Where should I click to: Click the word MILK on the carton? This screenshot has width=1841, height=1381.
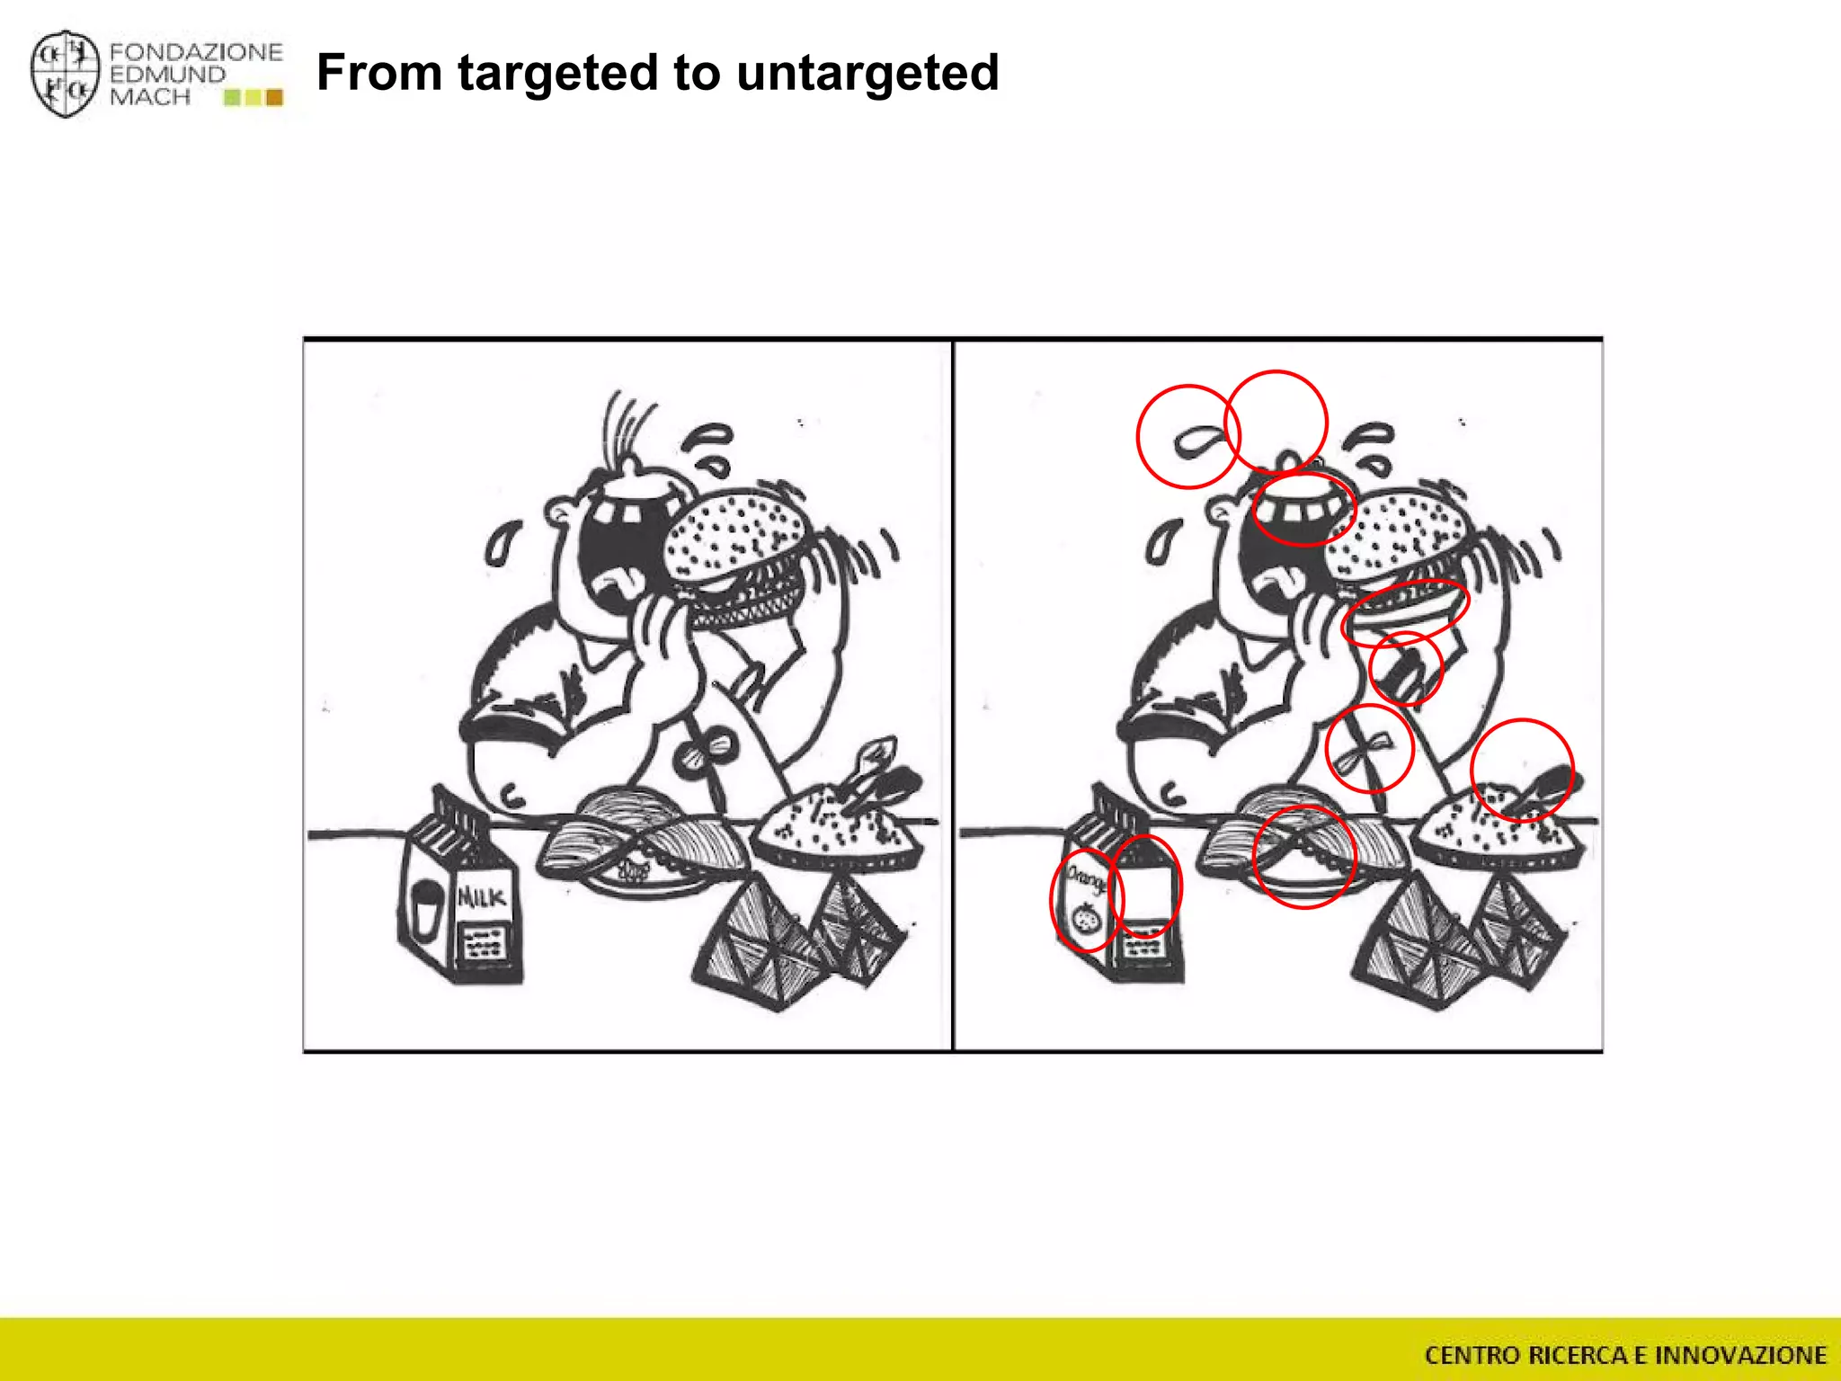tap(483, 896)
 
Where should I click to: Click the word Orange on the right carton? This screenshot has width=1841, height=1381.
tap(1085, 878)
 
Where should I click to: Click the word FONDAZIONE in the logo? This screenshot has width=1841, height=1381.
tap(196, 52)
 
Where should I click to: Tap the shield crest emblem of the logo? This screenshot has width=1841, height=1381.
tap(65, 74)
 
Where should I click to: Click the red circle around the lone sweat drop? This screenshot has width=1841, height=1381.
tap(1188, 437)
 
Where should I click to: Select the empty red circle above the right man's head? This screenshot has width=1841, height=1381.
tap(1276, 420)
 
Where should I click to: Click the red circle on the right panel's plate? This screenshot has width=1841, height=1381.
tap(1303, 857)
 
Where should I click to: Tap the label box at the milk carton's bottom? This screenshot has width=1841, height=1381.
tap(485, 944)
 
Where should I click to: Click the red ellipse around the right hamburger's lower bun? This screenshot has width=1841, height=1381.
tap(1405, 611)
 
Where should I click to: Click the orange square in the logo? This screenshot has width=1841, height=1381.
tap(274, 97)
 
